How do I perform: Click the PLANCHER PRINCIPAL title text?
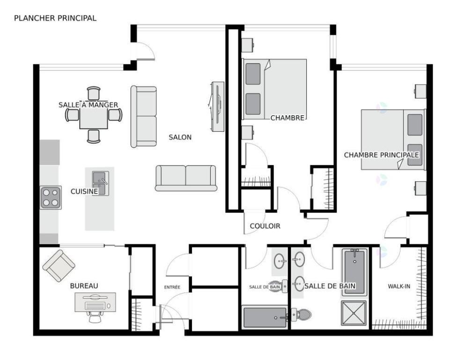click(55, 18)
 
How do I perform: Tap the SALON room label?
click(180, 137)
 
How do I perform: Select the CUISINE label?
click(84, 191)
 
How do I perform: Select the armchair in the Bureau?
click(59, 266)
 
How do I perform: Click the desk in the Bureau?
click(95, 302)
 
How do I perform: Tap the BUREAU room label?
click(84, 285)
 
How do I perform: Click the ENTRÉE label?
click(172, 287)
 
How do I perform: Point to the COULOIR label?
click(265, 226)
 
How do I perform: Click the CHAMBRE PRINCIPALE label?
click(381, 155)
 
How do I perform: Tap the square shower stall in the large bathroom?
click(354, 313)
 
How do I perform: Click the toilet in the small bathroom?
click(302, 315)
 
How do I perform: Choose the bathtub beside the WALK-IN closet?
click(354, 272)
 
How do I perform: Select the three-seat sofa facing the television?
click(143, 117)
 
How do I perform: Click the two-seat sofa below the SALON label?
click(186, 178)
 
